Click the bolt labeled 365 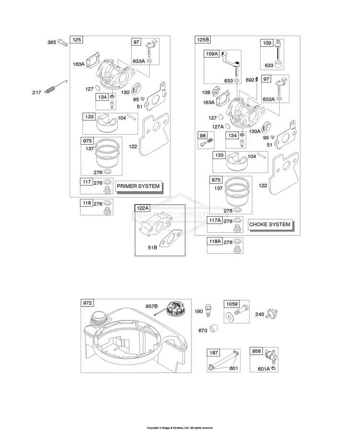tap(62, 43)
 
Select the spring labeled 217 tap(56, 86)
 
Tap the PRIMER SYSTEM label tap(138, 186)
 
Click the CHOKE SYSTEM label tap(270, 224)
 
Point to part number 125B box tap(203, 39)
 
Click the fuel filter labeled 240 tap(272, 313)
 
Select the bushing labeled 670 tap(214, 328)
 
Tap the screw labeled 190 tap(208, 310)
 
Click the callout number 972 tap(87, 303)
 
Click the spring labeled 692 tap(257, 79)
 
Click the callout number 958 tap(256, 351)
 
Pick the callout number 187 tap(214, 352)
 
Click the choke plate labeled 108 tap(216, 92)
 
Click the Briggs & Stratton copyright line tap(180, 428)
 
